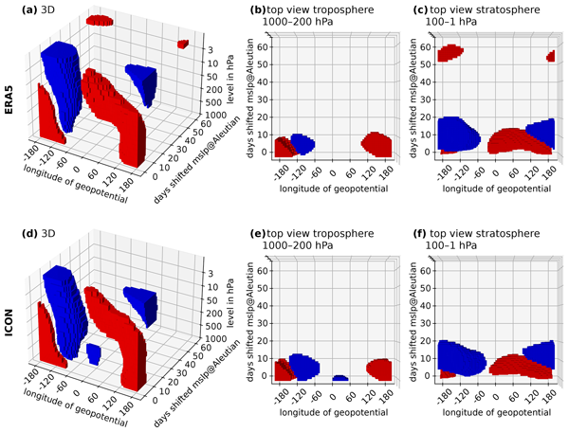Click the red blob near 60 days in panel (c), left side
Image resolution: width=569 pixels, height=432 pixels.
coord(450,54)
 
